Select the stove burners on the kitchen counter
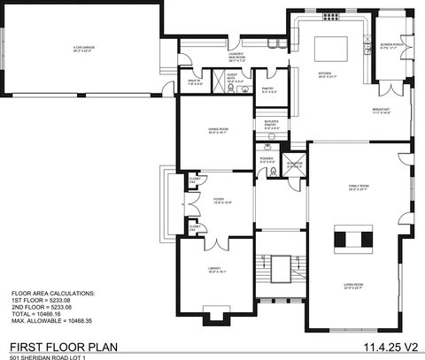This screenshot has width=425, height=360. click(x=330, y=16)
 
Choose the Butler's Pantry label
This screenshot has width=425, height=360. click(x=272, y=124)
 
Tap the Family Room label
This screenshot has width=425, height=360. click(x=358, y=188)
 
